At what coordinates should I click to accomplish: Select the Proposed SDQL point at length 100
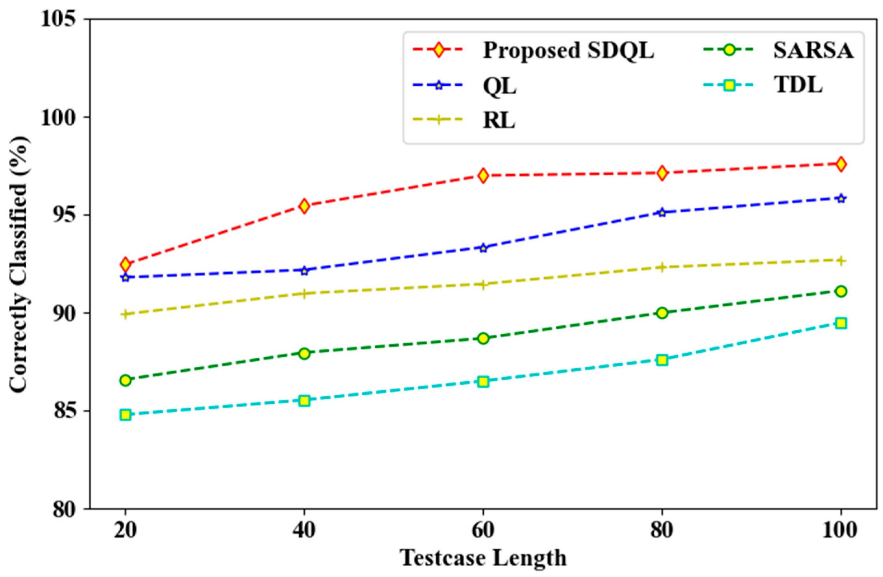tap(841, 164)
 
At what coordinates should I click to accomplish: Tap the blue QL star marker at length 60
tap(483, 248)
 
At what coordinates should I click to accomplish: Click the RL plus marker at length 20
tap(126, 314)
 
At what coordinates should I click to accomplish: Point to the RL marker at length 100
tap(841, 261)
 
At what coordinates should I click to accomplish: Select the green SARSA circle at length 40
tap(304, 353)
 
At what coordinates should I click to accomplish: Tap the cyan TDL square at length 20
tap(126, 415)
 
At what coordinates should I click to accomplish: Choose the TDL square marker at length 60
tap(483, 381)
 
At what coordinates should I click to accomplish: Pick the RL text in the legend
tap(499, 121)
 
